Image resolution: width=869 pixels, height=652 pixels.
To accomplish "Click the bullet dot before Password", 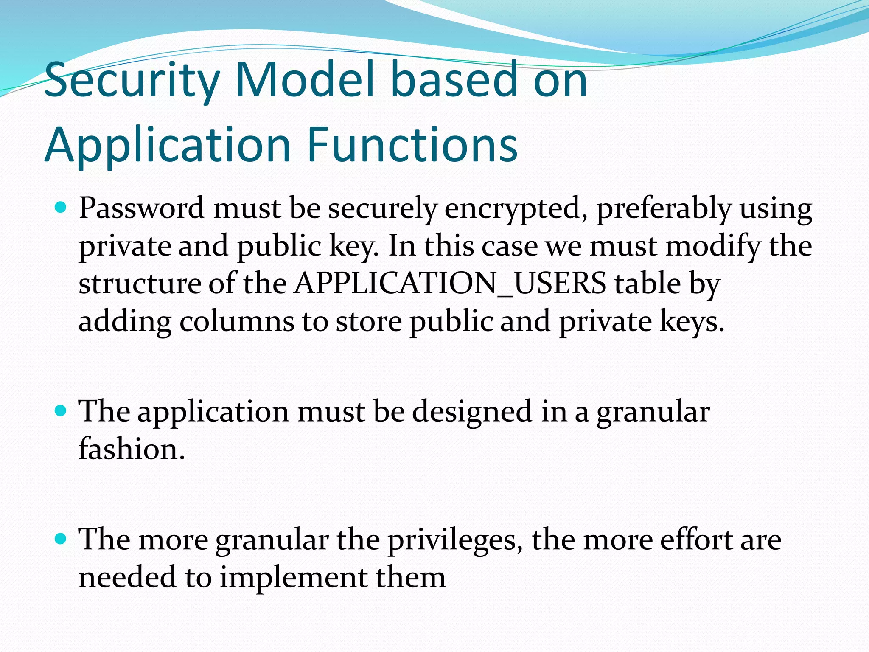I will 61,208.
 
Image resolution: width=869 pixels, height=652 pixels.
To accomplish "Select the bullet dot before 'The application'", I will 61,410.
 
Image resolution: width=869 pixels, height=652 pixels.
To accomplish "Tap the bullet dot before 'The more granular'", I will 61,539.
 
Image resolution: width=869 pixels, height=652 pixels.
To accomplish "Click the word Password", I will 141,208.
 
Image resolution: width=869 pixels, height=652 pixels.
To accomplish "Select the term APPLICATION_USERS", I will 450,283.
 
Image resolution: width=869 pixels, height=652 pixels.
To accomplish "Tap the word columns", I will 236,321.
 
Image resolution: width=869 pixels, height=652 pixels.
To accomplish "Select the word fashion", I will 132,449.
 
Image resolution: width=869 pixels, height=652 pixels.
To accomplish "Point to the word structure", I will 140,284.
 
